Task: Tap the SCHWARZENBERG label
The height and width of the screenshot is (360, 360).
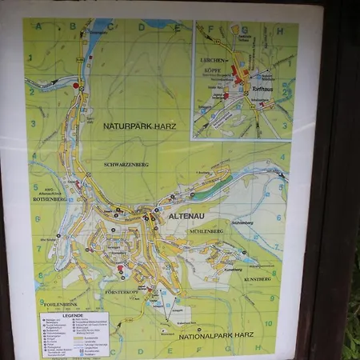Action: point(126,164)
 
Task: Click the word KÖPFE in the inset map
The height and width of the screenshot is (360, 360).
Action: point(214,70)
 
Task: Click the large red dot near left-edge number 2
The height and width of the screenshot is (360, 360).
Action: point(77,85)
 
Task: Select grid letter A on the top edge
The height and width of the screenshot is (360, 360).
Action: point(58,26)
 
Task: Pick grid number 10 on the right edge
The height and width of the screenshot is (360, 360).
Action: point(269,323)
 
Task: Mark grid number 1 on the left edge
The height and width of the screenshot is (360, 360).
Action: point(30,58)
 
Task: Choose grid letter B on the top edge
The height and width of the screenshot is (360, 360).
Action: point(85,26)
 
